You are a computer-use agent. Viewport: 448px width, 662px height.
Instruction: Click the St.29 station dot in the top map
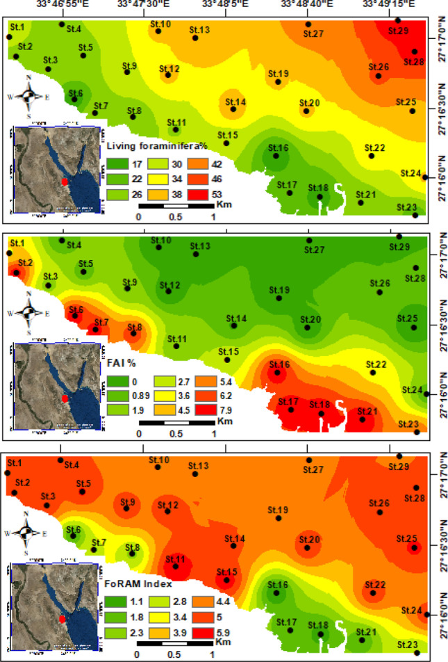point(397,20)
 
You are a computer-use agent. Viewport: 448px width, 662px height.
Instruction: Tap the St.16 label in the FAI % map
point(279,364)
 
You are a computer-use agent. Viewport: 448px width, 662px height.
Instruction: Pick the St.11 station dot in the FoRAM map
point(176,567)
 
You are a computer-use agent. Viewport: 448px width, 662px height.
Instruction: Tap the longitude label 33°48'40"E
point(308,6)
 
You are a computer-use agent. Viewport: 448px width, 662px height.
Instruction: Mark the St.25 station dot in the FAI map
point(413,328)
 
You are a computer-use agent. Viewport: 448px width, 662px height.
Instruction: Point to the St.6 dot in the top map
point(74,99)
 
